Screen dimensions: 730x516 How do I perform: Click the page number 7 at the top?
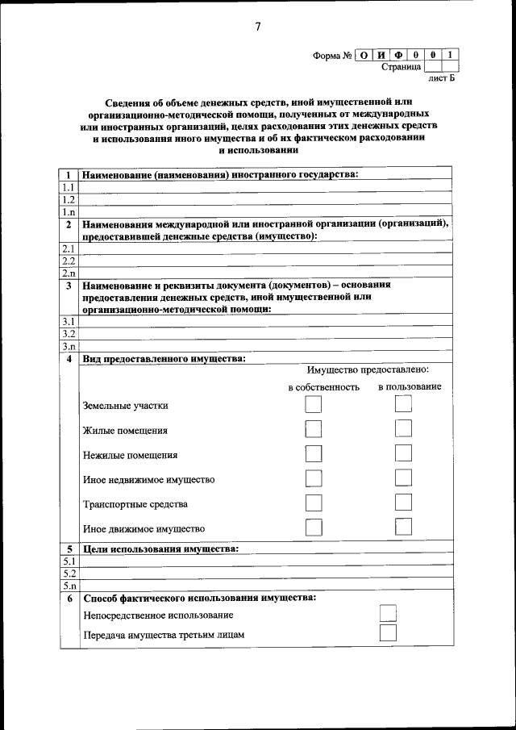(258, 27)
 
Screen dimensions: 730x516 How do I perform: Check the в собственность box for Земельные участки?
(313, 405)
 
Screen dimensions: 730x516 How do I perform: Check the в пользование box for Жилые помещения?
(403, 429)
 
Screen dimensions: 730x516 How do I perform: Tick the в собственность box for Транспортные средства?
(313, 503)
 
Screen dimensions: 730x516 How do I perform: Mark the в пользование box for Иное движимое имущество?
(403, 527)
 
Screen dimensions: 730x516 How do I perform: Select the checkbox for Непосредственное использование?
(388, 614)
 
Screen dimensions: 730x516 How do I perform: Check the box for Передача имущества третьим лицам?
(388, 633)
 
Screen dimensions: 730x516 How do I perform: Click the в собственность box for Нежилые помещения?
(313, 453)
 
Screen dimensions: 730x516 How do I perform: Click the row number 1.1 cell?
(69, 187)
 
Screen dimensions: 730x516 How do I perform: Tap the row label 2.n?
(69, 273)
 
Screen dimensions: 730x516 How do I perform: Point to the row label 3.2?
(69, 333)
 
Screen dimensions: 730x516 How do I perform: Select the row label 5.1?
(69, 561)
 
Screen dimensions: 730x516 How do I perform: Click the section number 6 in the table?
(69, 599)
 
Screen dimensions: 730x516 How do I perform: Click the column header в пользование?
(410, 387)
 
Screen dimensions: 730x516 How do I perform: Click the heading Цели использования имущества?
(160, 549)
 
